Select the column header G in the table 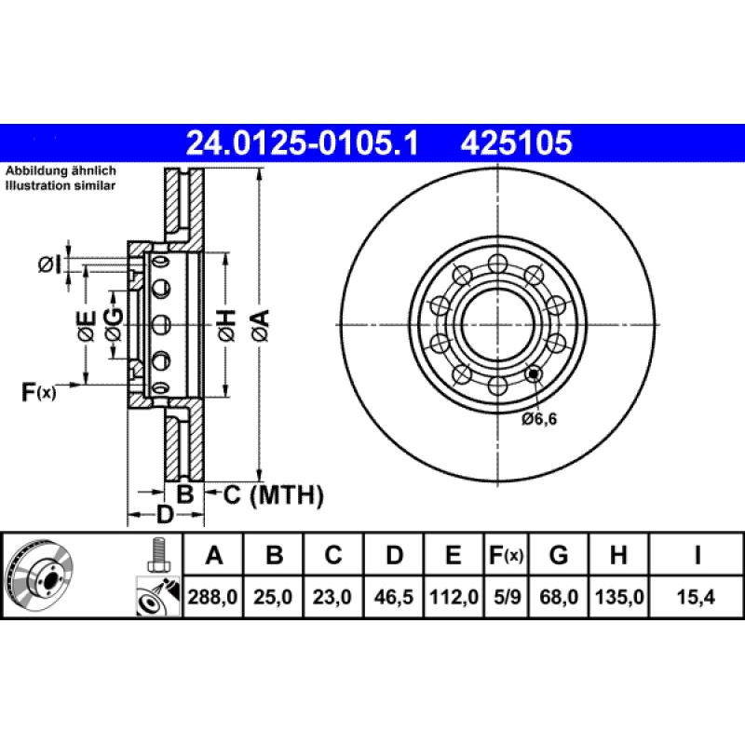558,556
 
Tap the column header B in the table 274,556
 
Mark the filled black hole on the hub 534,375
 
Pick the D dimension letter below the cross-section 164,514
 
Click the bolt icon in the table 156,556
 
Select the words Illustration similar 61,186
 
